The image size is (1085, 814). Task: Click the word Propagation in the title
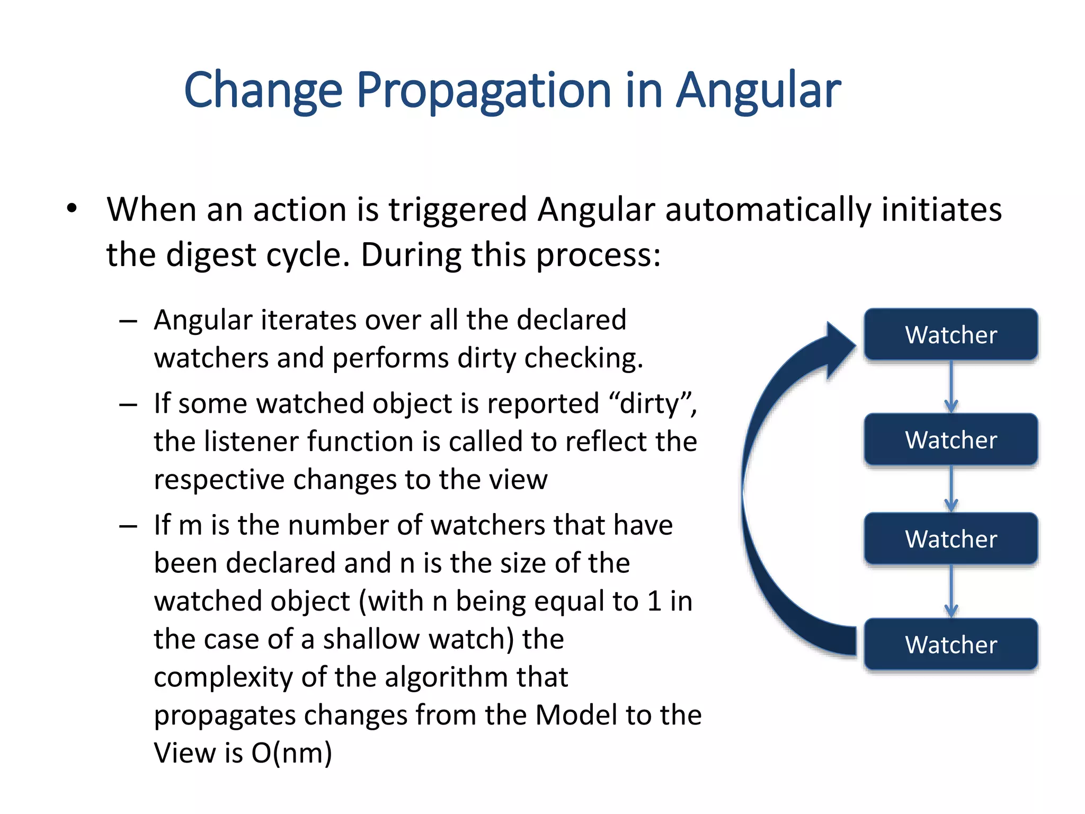click(484, 90)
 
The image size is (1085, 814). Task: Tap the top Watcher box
click(950, 335)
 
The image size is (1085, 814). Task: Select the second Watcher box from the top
click(950, 440)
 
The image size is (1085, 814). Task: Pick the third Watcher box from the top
click(950, 539)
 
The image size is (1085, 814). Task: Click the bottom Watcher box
click(950, 644)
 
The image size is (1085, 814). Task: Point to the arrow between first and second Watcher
click(951, 387)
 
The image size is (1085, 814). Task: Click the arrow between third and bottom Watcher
click(951, 591)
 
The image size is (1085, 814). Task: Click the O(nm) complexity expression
click(292, 753)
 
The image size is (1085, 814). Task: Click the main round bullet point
click(72, 208)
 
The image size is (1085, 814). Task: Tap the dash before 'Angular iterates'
click(128, 321)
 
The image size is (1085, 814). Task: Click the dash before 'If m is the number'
click(128, 526)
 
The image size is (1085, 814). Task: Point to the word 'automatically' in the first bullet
click(768, 209)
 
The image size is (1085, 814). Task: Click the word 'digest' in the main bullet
click(211, 255)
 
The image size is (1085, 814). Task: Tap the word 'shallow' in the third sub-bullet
click(372, 639)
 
